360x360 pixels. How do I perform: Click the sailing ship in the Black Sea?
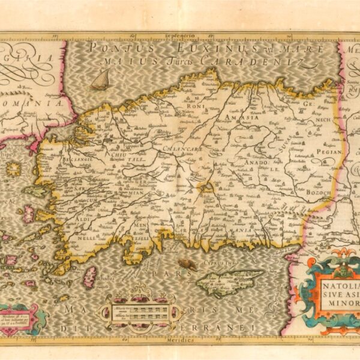click(100, 80)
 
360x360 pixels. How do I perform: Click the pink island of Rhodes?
click(90, 277)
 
